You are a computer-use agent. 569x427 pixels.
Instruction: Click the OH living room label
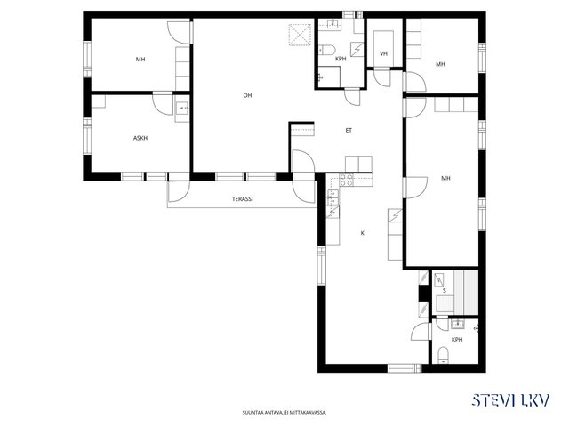tap(247, 95)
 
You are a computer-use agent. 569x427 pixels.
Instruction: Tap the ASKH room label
tap(140, 138)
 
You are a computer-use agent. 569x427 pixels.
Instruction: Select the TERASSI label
tap(243, 199)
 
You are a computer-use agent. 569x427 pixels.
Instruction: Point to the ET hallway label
tap(349, 131)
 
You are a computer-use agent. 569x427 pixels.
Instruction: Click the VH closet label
tap(383, 53)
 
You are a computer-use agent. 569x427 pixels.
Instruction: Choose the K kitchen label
tap(362, 233)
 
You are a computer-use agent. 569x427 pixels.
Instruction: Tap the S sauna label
tap(445, 291)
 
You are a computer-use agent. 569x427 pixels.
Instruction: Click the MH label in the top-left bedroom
tap(140, 60)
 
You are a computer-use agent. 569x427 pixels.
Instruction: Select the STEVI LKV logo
tap(510, 400)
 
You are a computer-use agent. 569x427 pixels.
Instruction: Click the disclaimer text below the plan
tap(284, 413)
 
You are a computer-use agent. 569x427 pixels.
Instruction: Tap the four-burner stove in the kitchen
tap(347, 180)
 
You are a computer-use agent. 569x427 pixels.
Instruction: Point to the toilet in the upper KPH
tap(326, 50)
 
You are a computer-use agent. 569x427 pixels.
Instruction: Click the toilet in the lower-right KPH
tap(443, 356)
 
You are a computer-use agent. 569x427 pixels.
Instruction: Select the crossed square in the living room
tap(300, 35)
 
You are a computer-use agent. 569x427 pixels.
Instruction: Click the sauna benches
tap(465, 293)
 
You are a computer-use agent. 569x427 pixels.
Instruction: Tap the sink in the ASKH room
tap(181, 108)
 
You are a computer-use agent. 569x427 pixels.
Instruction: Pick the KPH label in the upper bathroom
tap(341, 59)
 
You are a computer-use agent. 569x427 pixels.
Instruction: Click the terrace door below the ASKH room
tap(179, 191)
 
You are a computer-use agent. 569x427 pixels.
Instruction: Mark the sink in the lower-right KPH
tap(459, 324)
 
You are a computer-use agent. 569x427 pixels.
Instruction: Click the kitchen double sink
tap(333, 197)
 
